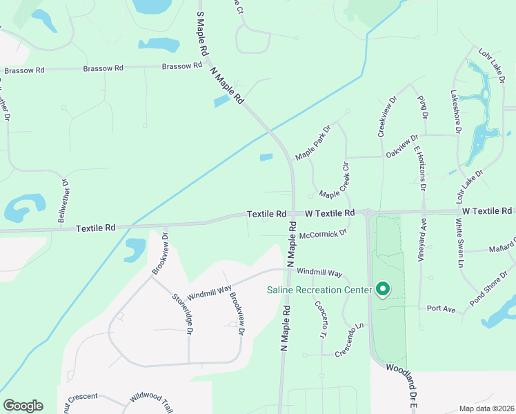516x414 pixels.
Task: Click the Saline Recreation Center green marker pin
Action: (x=382, y=289)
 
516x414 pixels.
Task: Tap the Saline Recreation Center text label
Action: (x=319, y=290)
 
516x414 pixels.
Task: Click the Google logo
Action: (x=23, y=406)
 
